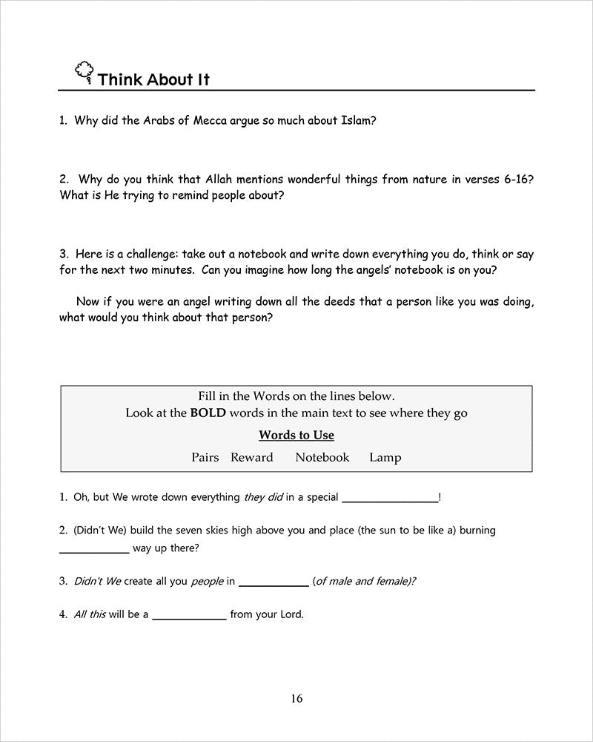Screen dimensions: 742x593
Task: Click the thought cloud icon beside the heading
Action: pos(84,71)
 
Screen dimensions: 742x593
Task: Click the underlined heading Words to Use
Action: pos(296,436)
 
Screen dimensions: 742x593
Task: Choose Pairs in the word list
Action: pos(205,458)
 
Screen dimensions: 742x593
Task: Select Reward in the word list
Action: pos(252,458)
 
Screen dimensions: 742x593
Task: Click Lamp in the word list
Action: pos(385,458)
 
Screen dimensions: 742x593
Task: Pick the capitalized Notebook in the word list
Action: pos(322,458)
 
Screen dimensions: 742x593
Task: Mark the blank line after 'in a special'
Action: pos(389,502)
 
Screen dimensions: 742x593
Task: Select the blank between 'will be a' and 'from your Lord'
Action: pos(189,618)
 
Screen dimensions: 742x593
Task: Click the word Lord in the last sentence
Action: pos(291,614)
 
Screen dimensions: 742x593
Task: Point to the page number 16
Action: pos(296,698)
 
